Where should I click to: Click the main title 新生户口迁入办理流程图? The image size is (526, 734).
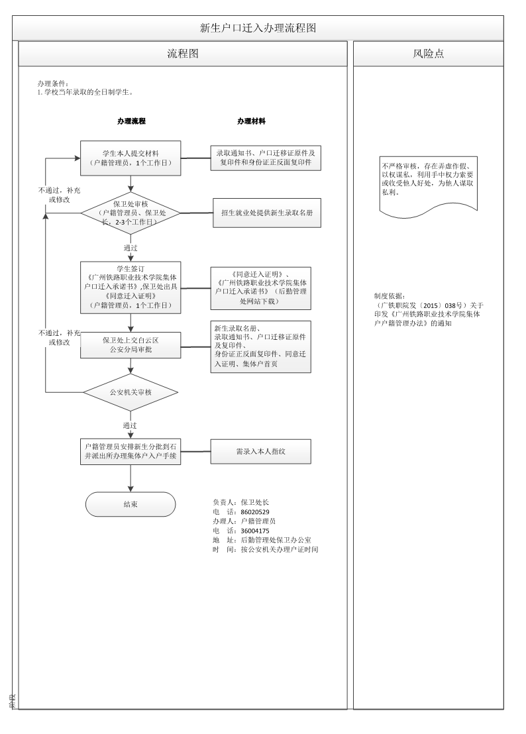point(258,28)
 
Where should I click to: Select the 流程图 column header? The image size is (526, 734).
point(182,54)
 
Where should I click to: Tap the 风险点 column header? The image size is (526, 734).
point(428,54)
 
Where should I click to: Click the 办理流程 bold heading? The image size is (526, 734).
point(131,122)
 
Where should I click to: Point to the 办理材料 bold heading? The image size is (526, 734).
point(252,122)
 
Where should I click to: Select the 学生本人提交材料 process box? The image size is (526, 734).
point(131,158)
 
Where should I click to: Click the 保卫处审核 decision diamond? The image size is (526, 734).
point(131,213)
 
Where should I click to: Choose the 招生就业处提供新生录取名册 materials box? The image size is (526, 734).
point(266,213)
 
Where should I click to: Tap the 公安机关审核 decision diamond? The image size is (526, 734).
point(131,392)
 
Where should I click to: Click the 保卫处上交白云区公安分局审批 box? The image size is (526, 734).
point(131,344)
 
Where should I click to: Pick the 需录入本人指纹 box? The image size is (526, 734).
point(260,451)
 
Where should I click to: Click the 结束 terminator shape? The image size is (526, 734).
point(131,504)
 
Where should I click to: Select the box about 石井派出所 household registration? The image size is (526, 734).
point(131,451)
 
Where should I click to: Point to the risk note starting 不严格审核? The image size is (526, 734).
point(428,183)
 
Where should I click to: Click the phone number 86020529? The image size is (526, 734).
point(255,512)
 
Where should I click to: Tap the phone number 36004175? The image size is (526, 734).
point(255,531)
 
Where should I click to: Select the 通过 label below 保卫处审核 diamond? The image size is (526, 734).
point(131,248)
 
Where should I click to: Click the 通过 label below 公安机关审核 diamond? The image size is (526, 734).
point(131,425)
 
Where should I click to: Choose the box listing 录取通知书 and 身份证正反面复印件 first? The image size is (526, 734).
point(266,158)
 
